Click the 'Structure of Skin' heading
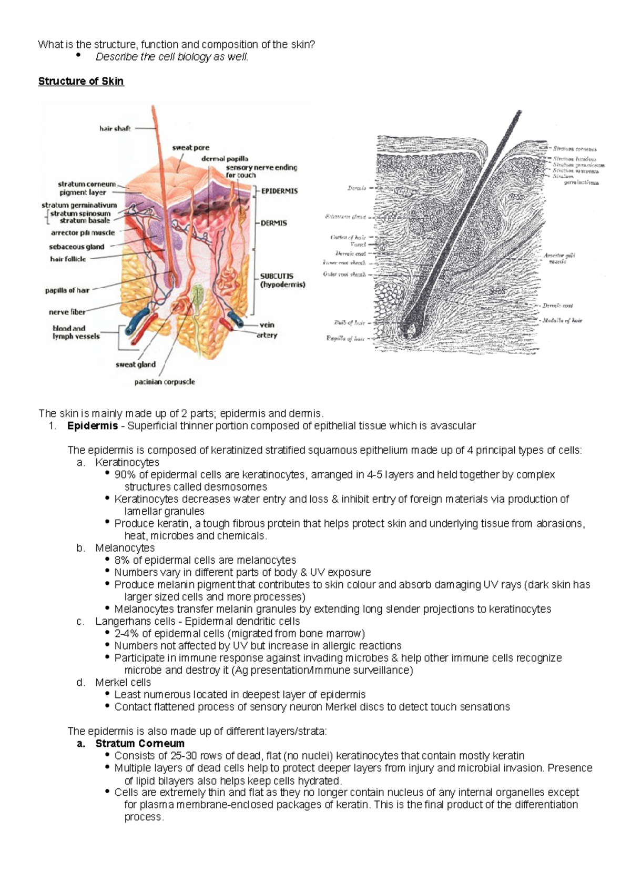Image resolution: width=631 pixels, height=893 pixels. [x=81, y=81]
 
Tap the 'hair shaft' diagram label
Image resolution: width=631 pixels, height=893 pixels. [x=115, y=128]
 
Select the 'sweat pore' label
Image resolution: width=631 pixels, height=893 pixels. [x=190, y=148]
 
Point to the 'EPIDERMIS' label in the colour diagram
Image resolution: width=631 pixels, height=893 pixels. [x=279, y=191]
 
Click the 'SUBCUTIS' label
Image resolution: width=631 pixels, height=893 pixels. [x=277, y=276]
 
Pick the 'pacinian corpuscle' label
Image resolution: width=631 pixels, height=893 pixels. [x=165, y=382]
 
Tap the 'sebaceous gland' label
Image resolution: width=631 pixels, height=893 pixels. [x=77, y=247]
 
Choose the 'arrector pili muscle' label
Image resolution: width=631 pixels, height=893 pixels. [x=83, y=232]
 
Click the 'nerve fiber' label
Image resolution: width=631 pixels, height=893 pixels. [x=67, y=312]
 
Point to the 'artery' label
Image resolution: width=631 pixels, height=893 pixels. [x=267, y=335]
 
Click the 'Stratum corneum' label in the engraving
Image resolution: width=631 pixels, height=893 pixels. [x=574, y=149]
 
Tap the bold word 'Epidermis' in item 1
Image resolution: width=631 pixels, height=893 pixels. [x=93, y=426]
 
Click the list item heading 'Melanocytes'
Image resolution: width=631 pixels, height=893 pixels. [x=125, y=548]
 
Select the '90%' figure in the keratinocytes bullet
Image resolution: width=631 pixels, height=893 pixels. [x=125, y=475]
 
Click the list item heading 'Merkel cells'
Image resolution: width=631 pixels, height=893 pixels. [x=123, y=682]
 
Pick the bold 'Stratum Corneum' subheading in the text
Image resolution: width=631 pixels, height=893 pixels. [x=140, y=743]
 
